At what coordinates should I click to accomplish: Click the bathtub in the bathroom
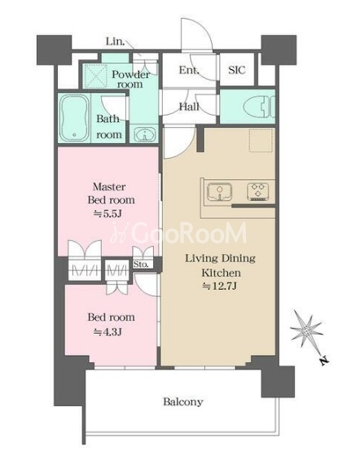coord(74,118)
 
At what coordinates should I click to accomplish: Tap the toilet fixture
coord(258,107)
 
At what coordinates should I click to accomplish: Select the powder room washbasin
coord(144,134)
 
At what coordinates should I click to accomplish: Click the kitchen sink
coord(219,192)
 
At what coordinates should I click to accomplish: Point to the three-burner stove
coord(258,192)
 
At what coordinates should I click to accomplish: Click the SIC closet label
coord(237,70)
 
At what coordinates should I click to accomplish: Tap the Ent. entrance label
coord(189,70)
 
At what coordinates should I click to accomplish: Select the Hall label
coord(189,107)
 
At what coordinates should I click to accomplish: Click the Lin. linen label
coord(116,42)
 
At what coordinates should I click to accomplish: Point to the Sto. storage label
coord(141,264)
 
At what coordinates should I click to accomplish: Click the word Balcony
coord(183,402)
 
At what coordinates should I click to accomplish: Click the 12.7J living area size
coord(220,286)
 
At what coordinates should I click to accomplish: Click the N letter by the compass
coord(324,361)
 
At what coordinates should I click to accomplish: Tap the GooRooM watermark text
coord(178,233)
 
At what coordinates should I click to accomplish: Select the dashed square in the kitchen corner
coord(261,140)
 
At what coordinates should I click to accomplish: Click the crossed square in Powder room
coord(95,76)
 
